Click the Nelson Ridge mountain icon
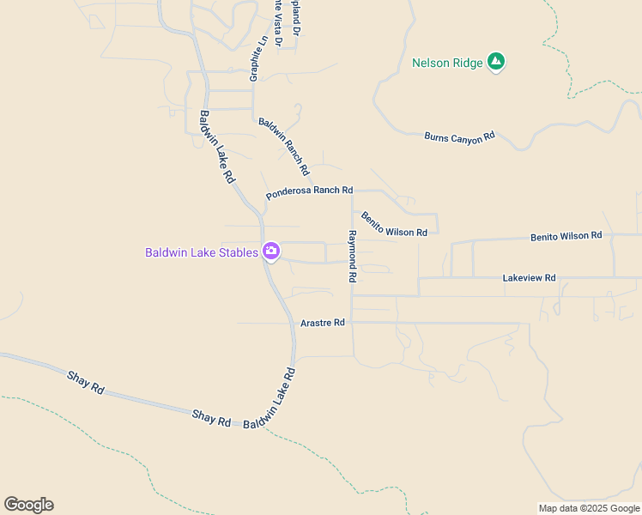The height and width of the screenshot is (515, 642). [x=495, y=62]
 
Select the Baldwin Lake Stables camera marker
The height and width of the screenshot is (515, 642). [x=271, y=251]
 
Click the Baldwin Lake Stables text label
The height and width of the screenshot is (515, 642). [x=201, y=252]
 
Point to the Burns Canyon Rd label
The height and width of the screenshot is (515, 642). [x=459, y=136]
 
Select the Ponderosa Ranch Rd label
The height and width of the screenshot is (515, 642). [x=309, y=193]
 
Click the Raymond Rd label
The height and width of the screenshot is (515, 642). [x=351, y=257]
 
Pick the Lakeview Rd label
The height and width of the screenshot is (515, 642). [x=529, y=278]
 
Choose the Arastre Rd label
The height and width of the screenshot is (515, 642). [x=323, y=323]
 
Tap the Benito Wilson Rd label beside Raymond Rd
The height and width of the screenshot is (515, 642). [x=393, y=225]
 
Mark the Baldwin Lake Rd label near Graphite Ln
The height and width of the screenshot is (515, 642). [x=217, y=147]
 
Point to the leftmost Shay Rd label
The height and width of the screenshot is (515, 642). [x=85, y=382]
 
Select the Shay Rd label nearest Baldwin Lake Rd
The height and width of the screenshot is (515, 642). [x=211, y=418]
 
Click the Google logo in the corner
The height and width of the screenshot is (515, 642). [x=28, y=505]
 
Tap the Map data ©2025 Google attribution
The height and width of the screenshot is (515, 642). [x=589, y=508]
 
